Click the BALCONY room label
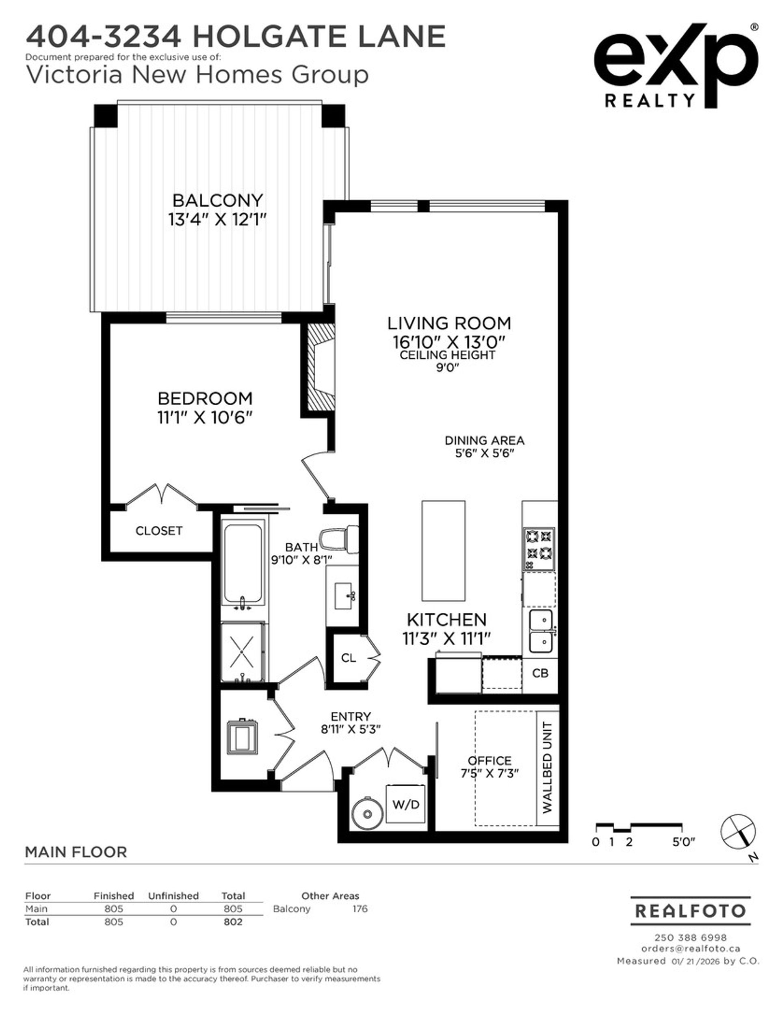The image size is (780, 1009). pos(217,200)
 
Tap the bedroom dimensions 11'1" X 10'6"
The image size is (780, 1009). pos(205,418)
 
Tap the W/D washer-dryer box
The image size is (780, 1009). pos(405,804)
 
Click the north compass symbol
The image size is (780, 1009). pos(738,831)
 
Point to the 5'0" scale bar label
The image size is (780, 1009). pos(683,842)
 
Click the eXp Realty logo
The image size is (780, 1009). pos(676,65)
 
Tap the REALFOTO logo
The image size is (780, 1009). pos(690,911)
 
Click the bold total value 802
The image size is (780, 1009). pos(233,922)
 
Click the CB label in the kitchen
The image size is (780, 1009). pos(540,673)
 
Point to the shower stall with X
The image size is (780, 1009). pos(243,652)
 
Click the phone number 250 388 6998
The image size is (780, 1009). pos(690,937)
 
